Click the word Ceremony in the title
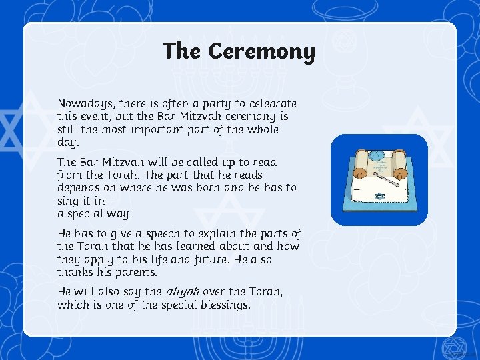(261, 51)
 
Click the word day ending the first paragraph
(67, 143)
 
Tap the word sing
(69, 200)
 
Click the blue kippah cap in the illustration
(377, 156)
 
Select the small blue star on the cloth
(380, 197)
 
